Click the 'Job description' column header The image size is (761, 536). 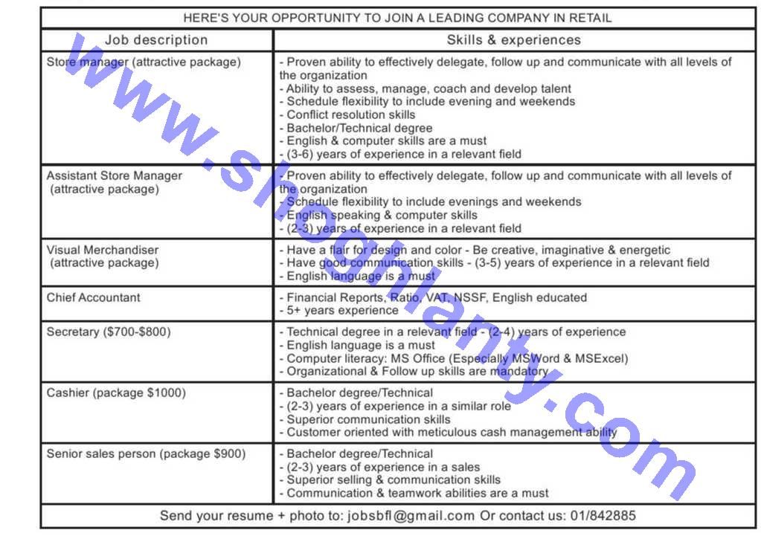coord(156,40)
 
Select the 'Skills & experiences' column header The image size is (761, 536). coord(513,40)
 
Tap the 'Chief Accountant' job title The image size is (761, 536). coord(93,297)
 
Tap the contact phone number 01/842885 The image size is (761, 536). coord(603,516)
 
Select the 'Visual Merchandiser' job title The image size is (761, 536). coord(103,250)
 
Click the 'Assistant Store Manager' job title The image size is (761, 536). coord(114,176)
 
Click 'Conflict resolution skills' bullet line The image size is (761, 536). coord(351,114)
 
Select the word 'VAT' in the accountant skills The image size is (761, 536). coord(438,297)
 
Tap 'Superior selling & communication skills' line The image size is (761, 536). coord(394,480)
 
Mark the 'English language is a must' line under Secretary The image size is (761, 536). coord(361,345)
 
